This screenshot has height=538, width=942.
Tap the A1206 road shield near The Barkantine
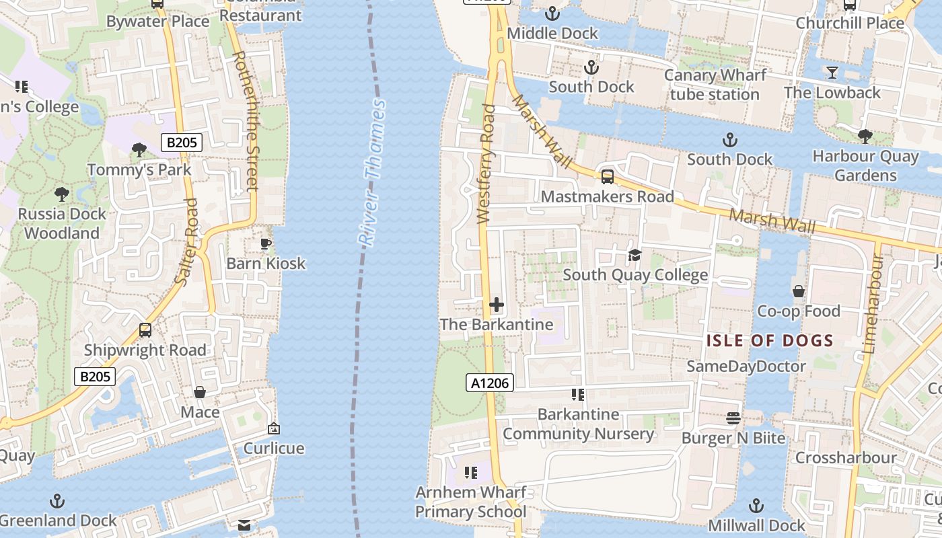click(490, 383)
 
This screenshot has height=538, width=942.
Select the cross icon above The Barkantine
click(497, 305)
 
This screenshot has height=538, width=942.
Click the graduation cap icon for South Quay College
click(635, 255)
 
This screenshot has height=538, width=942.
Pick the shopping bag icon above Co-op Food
click(799, 291)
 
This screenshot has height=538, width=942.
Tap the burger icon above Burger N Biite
click(733, 418)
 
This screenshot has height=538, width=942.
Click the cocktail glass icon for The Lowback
click(832, 72)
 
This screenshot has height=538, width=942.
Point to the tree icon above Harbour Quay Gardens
click(865, 137)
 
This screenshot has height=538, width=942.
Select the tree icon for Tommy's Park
click(139, 149)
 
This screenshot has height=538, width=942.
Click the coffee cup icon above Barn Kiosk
click(266, 243)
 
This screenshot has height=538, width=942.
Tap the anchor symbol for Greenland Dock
click(58, 501)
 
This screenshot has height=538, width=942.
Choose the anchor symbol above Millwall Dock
click(756, 506)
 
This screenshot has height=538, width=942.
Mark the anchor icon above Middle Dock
click(552, 13)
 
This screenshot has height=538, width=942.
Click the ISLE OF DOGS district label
click(770, 341)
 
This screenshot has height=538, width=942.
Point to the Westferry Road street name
click(486, 163)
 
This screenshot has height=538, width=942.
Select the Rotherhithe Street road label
click(246, 121)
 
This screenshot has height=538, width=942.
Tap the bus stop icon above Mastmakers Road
click(607, 177)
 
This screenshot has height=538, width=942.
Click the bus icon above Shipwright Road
click(145, 330)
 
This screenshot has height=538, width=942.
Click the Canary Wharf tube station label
click(715, 85)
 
